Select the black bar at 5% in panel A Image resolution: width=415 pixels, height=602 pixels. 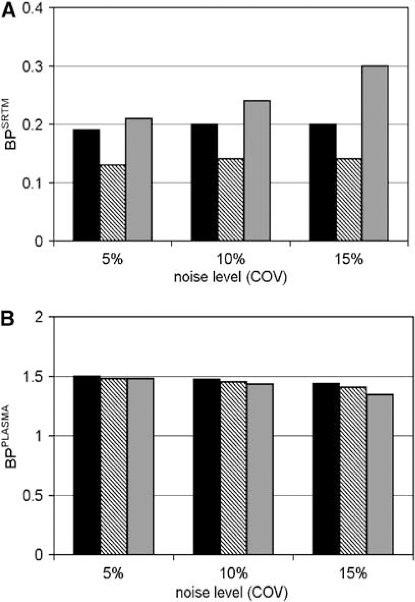coord(87,185)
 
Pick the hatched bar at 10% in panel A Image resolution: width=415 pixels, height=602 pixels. coord(231,200)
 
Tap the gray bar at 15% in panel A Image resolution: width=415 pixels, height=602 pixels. coord(375,153)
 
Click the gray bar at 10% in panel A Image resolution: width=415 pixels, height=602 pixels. coord(257,171)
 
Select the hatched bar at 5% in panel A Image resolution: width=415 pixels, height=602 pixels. coord(113,203)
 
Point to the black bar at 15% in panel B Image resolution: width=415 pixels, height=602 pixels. coord(326,469)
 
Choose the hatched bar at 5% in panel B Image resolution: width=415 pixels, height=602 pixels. coord(114,466)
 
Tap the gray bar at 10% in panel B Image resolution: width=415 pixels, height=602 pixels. coord(260,469)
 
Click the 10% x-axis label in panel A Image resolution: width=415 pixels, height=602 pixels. coord(231,260)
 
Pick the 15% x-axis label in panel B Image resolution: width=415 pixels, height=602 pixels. coord(353,573)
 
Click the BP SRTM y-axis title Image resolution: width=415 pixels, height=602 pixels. coord(10,124)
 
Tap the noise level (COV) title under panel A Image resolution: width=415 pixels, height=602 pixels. coord(230,277)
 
